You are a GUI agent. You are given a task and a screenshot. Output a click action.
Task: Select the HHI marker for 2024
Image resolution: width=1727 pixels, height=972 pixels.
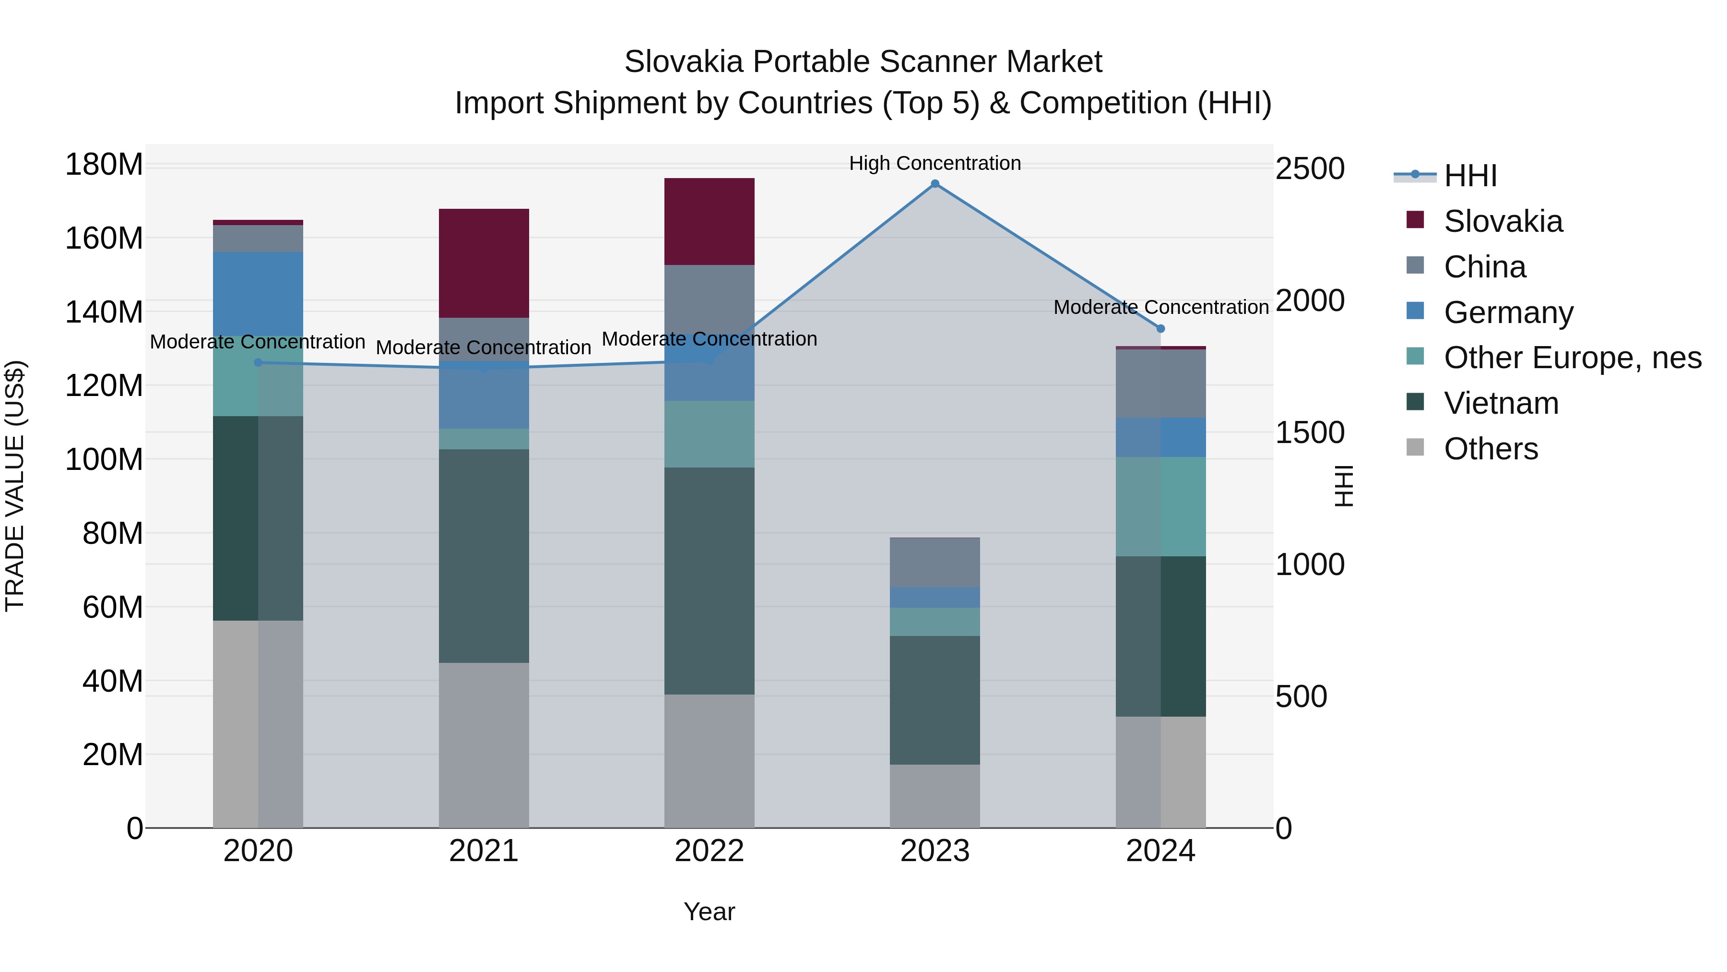1160,329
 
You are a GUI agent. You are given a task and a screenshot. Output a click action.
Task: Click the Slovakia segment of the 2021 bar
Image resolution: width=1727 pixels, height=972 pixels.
484,263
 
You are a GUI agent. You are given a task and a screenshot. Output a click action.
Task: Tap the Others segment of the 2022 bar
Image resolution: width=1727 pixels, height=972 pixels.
710,761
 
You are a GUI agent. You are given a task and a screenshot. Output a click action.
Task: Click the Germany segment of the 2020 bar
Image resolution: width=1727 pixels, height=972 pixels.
258,293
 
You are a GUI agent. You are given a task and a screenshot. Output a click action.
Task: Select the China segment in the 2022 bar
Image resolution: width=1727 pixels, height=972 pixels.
710,299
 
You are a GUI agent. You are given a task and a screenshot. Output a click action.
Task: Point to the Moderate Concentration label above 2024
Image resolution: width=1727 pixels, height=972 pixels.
1160,307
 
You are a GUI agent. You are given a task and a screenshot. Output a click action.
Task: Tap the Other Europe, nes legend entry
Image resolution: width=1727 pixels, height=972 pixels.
1572,358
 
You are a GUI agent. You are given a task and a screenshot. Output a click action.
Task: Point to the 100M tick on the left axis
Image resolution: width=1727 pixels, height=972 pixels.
104,459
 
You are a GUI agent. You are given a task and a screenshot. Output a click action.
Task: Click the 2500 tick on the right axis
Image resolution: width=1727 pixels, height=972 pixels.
1309,168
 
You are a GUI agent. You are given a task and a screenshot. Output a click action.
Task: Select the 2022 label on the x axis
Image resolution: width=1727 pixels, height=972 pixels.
710,851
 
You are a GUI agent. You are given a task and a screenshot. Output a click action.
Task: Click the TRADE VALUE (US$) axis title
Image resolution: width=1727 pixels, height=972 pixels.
15,486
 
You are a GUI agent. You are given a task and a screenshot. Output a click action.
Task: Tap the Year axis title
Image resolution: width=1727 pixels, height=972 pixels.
710,912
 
